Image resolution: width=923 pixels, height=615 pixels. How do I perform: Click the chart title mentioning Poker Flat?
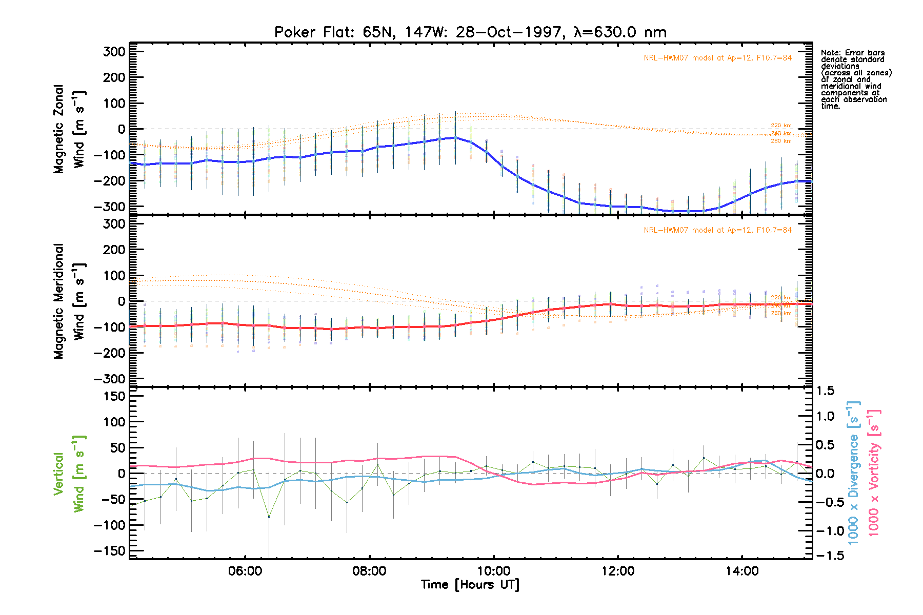[470, 32]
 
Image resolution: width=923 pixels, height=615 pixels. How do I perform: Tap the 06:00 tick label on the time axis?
[245, 571]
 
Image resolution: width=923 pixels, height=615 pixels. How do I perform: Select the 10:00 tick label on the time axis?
[494, 571]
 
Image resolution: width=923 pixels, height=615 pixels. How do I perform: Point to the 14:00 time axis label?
[742, 571]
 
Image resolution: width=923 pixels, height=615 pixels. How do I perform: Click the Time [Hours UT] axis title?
[470, 585]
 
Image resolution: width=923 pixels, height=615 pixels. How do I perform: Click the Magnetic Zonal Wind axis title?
[69, 128]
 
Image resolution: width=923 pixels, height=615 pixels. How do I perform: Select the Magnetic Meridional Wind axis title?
[69, 301]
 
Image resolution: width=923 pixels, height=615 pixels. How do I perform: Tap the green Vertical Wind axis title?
[69, 474]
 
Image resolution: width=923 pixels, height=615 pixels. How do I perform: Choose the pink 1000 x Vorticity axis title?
[874, 473]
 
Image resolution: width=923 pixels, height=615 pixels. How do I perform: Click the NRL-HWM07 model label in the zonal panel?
[717, 58]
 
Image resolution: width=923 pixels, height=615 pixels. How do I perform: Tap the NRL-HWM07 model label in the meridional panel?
[717, 230]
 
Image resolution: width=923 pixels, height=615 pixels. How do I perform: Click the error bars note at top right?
[855, 79]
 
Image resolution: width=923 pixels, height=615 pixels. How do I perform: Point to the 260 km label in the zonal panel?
[781, 141]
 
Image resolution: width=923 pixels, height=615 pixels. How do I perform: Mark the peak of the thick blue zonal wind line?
[455, 137]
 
